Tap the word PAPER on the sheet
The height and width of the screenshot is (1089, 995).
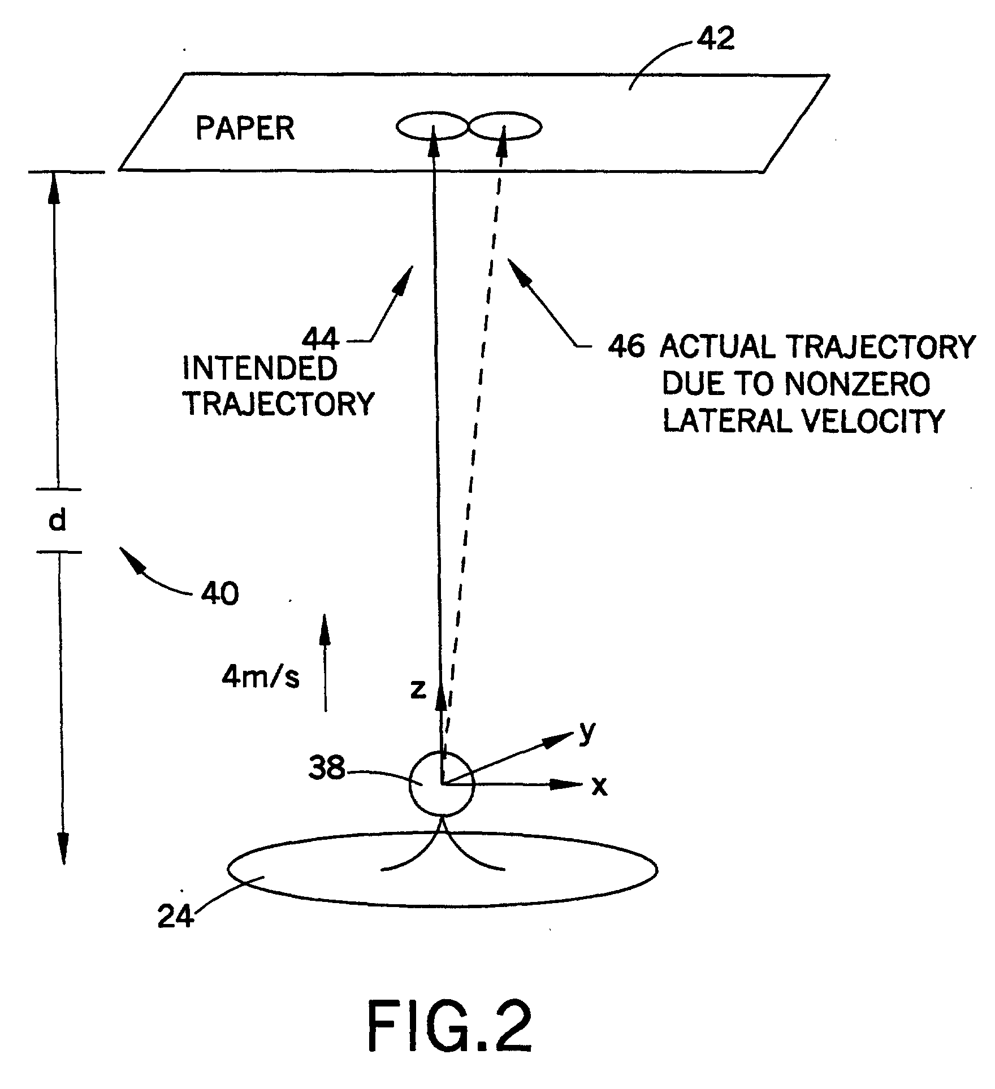tap(245, 128)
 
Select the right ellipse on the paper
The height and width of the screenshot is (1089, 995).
tap(505, 126)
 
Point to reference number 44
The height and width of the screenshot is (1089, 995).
tap(321, 339)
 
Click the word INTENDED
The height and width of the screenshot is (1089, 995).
tap(259, 369)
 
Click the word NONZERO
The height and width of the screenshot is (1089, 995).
tap(858, 384)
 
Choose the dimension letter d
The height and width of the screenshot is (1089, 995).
tap(58, 520)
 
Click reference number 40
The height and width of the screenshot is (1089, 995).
tap(220, 594)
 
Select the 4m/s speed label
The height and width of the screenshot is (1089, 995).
tap(261, 677)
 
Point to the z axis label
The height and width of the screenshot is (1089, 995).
tap(418, 689)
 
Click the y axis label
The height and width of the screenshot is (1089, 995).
tap(588, 732)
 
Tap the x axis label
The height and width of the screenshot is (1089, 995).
tap(599, 786)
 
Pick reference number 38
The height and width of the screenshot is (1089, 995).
tap(326, 768)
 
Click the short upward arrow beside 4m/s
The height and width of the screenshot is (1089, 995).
tap(325, 661)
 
